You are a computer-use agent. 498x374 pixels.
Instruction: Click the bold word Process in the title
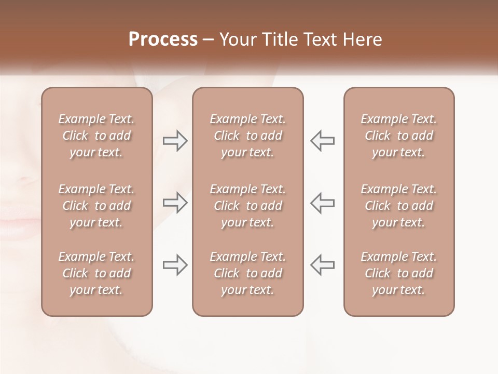coord(163,39)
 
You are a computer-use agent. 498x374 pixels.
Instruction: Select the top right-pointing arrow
coord(175,141)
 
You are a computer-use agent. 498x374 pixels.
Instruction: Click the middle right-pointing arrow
coord(175,202)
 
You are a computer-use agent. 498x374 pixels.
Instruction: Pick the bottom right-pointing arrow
coord(175,265)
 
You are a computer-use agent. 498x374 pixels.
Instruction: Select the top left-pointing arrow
coord(323,141)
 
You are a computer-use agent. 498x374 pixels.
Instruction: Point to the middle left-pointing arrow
coord(323,202)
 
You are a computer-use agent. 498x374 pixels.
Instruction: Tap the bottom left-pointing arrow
coord(323,265)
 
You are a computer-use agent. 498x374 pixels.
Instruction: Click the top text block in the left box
coord(96,136)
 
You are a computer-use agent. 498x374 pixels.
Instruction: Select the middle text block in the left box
coord(96,206)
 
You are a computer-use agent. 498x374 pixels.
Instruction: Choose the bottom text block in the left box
coord(96,273)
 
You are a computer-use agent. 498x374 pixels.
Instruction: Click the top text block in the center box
coord(248,136)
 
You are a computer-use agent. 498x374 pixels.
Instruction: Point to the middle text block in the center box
coord(248,206)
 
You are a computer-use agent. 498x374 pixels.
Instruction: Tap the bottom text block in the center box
coord(248,273)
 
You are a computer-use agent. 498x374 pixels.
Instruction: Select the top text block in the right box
coord(399,136)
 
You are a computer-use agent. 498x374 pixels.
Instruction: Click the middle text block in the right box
coord(399,206)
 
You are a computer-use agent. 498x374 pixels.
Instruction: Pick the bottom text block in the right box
coord(399,273)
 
